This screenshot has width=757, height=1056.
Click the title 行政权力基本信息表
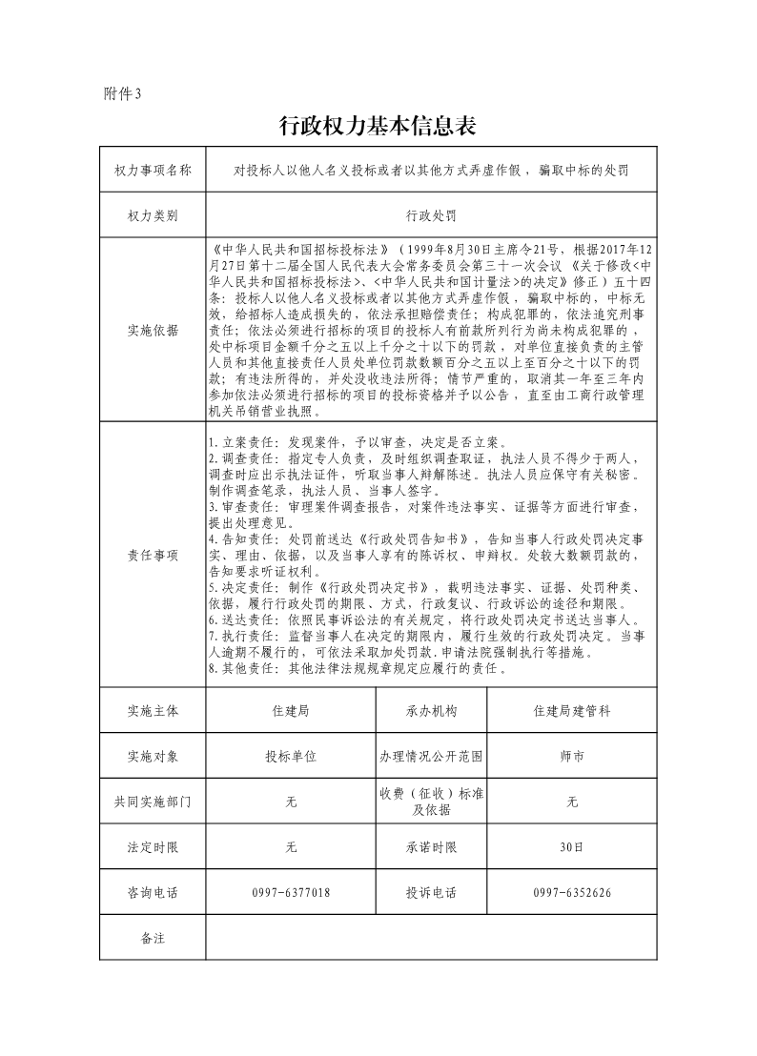coord(377,126)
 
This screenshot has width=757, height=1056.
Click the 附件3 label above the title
coord(121,93)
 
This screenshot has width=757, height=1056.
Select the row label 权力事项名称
coord(153,171)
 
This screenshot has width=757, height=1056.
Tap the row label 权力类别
coord(153,216)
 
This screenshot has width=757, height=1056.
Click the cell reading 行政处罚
coord(431,216)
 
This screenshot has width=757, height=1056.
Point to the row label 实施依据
coord(153,330)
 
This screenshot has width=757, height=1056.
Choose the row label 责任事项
coord(153,556)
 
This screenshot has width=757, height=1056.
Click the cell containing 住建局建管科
coord(572,711)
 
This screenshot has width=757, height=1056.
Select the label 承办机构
coord(431,711)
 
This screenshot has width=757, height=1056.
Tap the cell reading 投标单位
coord(291,756)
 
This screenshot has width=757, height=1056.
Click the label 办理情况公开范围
coord(431,756)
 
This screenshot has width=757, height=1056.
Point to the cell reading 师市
coord(572,756)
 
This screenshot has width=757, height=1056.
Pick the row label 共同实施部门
coord(153,802)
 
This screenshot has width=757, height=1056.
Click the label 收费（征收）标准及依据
coord(431,802)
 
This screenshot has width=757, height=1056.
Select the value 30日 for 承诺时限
coord(572,847)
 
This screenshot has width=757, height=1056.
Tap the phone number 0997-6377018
coord(291,893)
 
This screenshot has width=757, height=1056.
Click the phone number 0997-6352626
coord(572,893)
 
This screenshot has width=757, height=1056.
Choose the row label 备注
coord(153,938)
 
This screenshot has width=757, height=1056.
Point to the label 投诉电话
coord(431,893)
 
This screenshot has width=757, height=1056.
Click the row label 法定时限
coord(153,847)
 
